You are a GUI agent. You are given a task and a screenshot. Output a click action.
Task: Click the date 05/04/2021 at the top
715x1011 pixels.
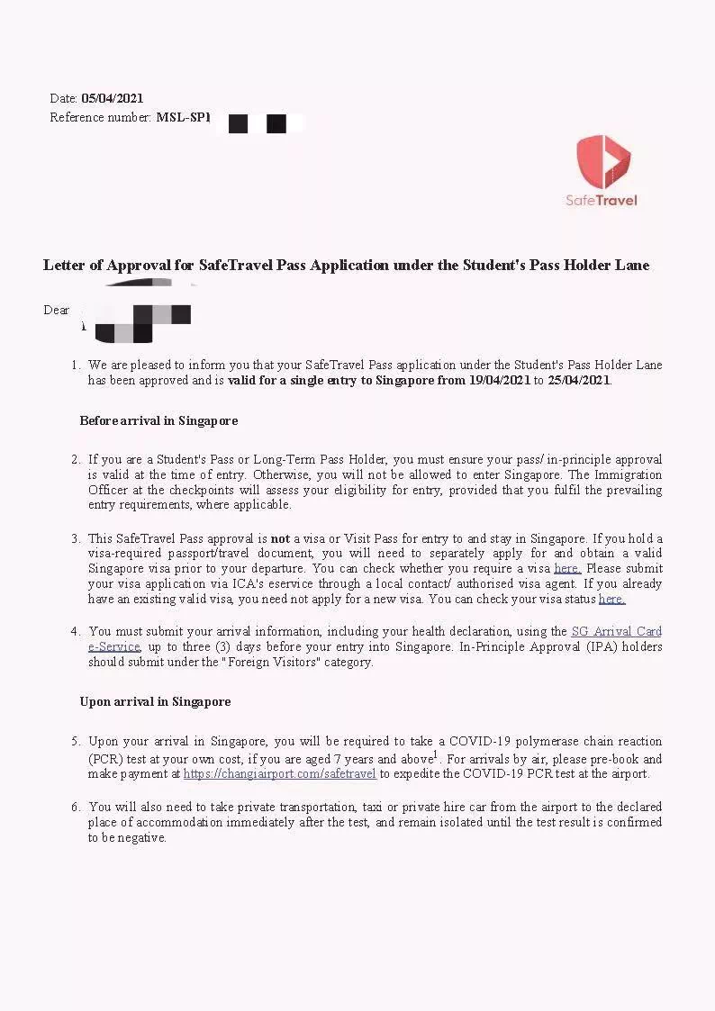[x=113, y=98]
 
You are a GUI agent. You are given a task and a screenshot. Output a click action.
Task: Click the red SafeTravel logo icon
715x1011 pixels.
[x=603, y=161]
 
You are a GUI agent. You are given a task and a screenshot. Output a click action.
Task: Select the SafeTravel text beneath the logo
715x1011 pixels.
[x=601, y=200]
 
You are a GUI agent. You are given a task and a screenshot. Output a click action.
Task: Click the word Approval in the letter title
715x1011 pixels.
[x=143, y=265]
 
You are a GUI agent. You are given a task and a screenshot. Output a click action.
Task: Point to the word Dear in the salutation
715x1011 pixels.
[x=56, y=310]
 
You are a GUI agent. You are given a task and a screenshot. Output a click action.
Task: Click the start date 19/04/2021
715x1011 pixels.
[x=497, y=380]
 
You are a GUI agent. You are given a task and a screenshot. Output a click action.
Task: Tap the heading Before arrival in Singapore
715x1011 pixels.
[x=158, y=420]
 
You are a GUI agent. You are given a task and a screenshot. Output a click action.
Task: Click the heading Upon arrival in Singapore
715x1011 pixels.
[x=155, y=701]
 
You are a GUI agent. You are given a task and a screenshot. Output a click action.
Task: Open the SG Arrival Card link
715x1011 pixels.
[x=616, y=632]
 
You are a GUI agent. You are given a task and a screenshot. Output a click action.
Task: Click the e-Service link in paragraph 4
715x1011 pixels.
[x=113, y=646]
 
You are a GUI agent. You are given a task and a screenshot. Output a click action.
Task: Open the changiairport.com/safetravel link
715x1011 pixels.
[x=279, y=773]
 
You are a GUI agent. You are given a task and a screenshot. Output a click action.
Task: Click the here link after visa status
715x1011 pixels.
[x=611, y=599]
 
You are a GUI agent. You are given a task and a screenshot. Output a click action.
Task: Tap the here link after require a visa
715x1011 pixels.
[x=567, y=569]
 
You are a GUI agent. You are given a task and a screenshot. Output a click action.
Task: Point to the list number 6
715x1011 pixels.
[x=76, y=807]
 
